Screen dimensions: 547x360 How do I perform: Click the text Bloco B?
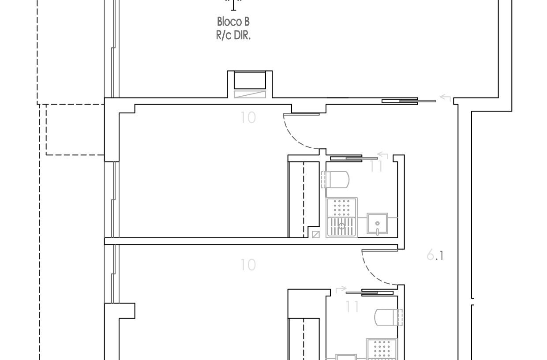(233, 22)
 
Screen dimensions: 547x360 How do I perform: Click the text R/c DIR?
(233, 36)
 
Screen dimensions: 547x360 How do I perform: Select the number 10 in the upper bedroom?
(248, 117)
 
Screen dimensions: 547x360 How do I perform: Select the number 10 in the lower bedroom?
(248, 265)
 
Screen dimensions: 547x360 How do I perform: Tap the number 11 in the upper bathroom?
(376, 166)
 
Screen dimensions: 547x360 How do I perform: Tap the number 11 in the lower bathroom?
(352, 307)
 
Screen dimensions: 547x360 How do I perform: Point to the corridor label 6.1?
(435, 256)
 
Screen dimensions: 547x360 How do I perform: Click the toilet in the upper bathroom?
(335, 180)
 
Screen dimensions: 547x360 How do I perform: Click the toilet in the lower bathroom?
(388, 317)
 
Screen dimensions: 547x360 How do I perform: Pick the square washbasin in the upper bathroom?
(377, 224)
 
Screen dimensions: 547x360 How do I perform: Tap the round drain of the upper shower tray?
(341, 226)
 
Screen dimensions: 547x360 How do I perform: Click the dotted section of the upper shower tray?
(341, 207)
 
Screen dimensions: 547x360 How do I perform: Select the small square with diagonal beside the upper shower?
(316, 234)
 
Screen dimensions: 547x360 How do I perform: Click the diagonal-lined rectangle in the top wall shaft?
(250, 94)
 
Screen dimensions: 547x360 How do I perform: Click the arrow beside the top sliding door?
(445, 97)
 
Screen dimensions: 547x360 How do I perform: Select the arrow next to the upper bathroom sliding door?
(382, 155)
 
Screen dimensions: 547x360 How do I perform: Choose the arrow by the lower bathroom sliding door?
(341, 289)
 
